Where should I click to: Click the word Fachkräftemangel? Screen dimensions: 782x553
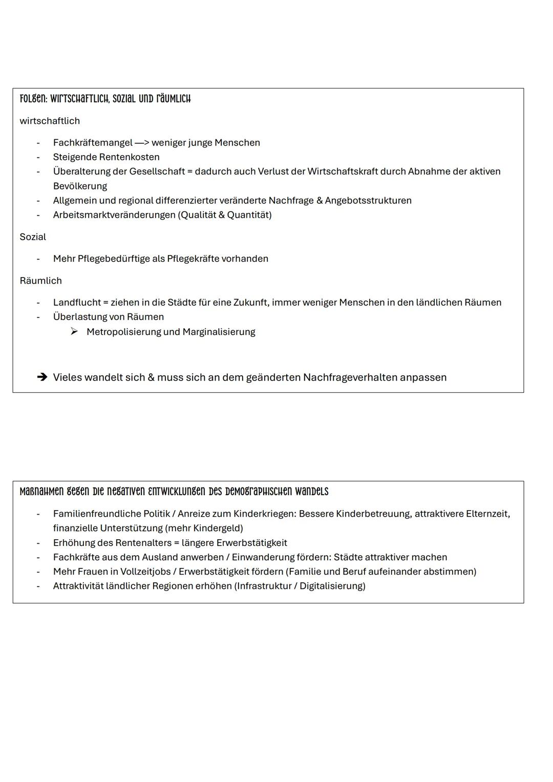tap(93, 143)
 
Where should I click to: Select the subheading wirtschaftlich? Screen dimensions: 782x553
tap(50, 121)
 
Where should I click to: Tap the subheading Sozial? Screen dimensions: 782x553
tap(33, 237)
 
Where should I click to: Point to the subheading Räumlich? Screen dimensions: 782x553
tap(40, 281)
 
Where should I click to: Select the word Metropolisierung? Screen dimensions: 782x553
tap(123, 332)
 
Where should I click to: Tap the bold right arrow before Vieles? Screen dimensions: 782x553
tap(42, 377)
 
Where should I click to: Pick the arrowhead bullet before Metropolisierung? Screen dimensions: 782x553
tap(74, 332)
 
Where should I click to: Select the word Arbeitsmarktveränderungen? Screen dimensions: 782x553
tap(114, 215)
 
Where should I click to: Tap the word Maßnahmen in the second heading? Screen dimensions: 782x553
tap(42, 492)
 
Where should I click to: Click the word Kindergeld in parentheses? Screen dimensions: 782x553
tap(217, 528)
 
